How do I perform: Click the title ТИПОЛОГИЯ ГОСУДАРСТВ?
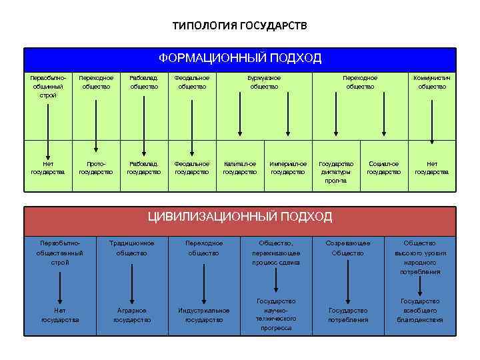click(x=240, y=26)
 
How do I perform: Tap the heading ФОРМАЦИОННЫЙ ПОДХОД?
click(x=240, y=58)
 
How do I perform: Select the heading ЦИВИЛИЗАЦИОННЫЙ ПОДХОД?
click(x=239, y=217)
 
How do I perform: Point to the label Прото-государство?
click(x=96, y=167)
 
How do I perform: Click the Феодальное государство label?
click(x=192, y=167)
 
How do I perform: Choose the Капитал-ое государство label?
click(x=240, y=167)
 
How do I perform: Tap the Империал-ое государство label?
click(x=288, y=167)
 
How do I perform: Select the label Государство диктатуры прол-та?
click(x=336, y=171)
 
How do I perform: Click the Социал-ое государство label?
click(x=384, y=167)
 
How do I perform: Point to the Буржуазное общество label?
click(x=264, y=82)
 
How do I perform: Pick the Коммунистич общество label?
click(x=432, y=82)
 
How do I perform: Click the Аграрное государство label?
click(x=132, y=315)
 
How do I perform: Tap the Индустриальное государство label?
click(x=203, y=315)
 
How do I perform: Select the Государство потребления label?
click(x=347, y=315)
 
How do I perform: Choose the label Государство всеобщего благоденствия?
click(x=419, y=311)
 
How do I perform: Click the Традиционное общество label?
click(x=132, y=248)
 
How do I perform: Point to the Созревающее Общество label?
click(x=347, y=248)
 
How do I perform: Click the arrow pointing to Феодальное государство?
click(x=192, y=120)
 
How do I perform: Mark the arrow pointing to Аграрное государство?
click(x=132, y=283)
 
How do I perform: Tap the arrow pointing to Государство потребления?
click(x=347, y=283)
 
